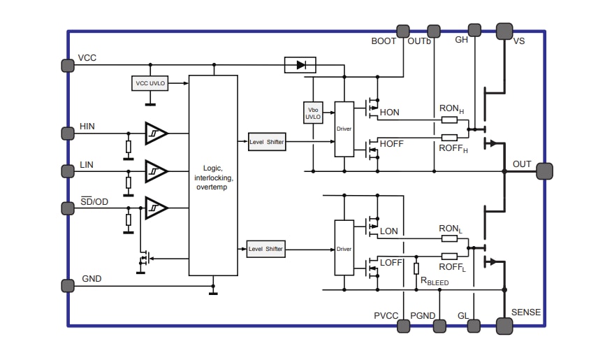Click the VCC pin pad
click(67, 65)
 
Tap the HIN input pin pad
click(67, 133)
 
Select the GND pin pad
click(67, 285)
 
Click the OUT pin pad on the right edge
click(545, 171)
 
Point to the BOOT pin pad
click(403, 31)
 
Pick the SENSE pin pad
click(504, 325)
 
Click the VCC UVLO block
click(150, 83)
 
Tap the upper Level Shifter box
click(266, 142)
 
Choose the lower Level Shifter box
click(266, 249)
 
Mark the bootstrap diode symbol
click(300, 65)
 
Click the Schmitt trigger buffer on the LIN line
click(156, 170)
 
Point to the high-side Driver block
click(344, 129)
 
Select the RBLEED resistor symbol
click(416, 268)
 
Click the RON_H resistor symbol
click(450, 120)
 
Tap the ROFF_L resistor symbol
click(450, 257)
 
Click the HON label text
click(389, 113)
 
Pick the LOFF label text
click(391, 263)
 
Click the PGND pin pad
click(440, 325)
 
